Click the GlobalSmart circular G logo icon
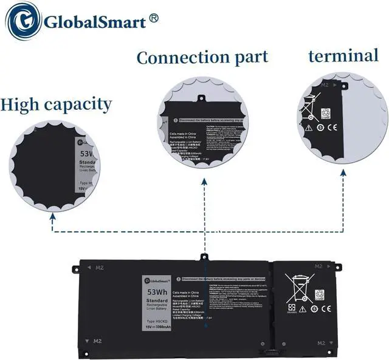[x=22, y=22]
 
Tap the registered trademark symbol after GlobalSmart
[x=153, y=20]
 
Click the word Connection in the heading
[x=174, y=58]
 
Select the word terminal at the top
[x=343, y=56]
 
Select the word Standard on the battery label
[x=157, y=301]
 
